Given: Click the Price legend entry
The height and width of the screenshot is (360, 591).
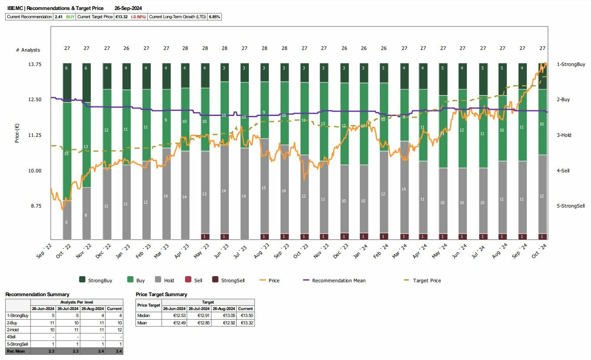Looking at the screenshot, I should tap(274, 281).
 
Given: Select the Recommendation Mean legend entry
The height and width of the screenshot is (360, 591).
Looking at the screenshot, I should tap(339, 281).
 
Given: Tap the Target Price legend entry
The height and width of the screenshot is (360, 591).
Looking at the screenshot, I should tap(426, 281).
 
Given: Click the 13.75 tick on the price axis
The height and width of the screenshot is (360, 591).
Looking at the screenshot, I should tap(34, 64).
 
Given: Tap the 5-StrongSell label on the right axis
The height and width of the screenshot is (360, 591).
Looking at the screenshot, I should tap(571, 206).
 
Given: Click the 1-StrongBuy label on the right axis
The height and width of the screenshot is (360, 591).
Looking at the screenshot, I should tap(571, 64).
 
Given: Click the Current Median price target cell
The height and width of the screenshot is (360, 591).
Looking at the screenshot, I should tap(245, 316).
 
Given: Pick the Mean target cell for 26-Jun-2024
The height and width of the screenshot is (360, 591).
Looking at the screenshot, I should tap(173, 323).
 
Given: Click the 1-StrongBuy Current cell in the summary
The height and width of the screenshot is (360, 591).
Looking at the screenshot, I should tap(115, 316).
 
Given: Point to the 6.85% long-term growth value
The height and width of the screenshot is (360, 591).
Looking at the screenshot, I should tap(215, 17).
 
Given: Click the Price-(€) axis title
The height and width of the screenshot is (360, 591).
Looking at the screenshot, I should tap(17, 133).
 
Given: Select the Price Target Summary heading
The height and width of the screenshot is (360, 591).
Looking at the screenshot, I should tap(161, 294).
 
